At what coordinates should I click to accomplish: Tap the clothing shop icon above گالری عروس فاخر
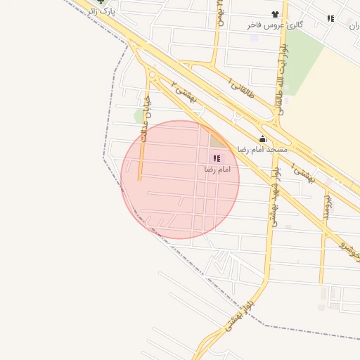point(274,14)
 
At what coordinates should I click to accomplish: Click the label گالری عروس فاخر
point(275,25)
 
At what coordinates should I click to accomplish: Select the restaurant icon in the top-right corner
point(330,18)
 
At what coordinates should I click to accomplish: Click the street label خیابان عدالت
point(146,120)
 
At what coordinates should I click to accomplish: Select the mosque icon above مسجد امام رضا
point(263,139)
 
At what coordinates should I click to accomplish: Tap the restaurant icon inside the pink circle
point(216,158)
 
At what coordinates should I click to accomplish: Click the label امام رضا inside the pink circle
point(218,169)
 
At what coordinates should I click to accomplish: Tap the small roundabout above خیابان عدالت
point(152,74)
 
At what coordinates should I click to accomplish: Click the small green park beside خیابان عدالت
point(139,115)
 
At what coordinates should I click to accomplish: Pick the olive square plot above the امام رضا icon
point(217,141)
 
